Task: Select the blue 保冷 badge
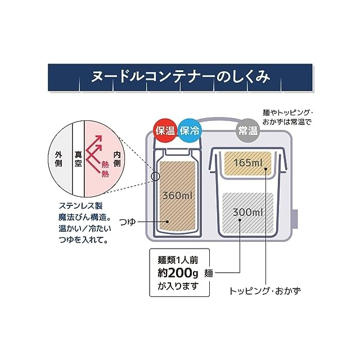pyautogui.click(x=190, y=132)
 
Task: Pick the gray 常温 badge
pyautogui.click(x=247, y=132)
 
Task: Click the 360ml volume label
pyautogui.click(x=178, y=196)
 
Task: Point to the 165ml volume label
pyautogui.click(x=248, y=163)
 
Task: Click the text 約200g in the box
pyautogui.click(x=178, y=274)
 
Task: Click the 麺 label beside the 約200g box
pyautogui.click(x=209, y=274)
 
